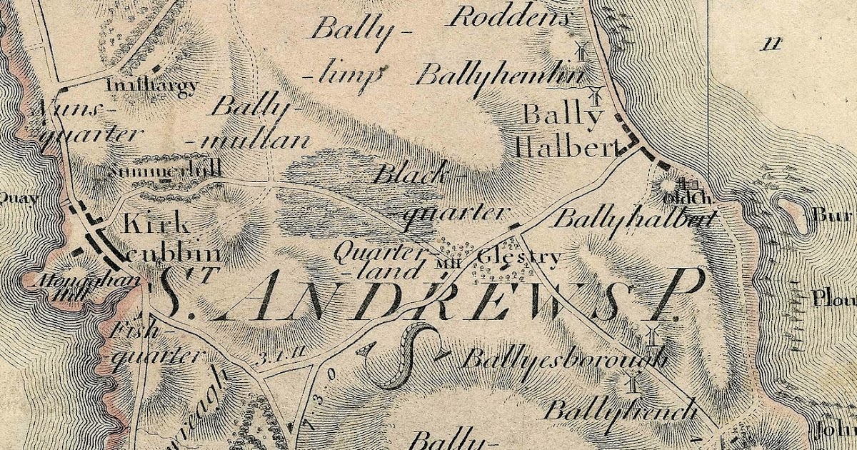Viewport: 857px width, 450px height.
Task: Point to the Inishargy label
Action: coord(151,86)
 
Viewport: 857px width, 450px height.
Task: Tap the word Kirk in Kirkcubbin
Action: coord(156,224)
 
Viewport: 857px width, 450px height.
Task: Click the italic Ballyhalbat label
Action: coord(633,219)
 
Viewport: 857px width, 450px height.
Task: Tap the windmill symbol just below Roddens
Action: coord(580,51)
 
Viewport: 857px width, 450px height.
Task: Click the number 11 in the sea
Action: coord(771,44)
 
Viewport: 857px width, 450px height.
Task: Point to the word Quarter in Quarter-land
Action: coord(370,251)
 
